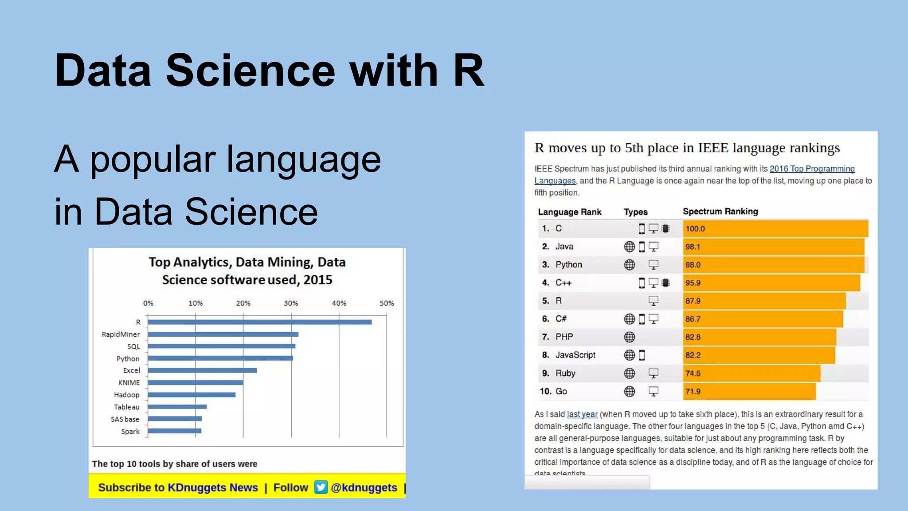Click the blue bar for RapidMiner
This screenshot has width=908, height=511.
point(223,334)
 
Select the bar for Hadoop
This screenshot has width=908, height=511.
point(192,395)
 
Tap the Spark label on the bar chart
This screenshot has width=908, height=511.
point(130,431)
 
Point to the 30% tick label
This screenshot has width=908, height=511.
point(291,303)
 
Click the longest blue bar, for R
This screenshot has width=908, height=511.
point(260,322)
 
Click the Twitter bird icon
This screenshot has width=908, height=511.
point(321,487)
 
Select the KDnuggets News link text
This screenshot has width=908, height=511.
point(212,487)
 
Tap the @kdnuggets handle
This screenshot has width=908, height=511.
point(364,487)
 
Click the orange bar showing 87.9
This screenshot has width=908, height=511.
point(764,301)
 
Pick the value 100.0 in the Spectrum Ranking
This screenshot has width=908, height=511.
point(695,228)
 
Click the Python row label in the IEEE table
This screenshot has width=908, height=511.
point(568,265)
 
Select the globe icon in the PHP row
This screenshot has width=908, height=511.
point(629,337)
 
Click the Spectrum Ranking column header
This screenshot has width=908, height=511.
point(720,212)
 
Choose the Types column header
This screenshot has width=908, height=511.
point(635,212)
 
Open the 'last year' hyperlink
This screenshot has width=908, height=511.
point(582,414)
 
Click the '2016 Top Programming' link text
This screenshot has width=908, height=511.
point(812,169)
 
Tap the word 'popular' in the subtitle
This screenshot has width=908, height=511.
point(153,160)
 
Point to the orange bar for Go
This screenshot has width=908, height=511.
point(749,391)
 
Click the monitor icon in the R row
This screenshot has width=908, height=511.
point(653,301)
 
